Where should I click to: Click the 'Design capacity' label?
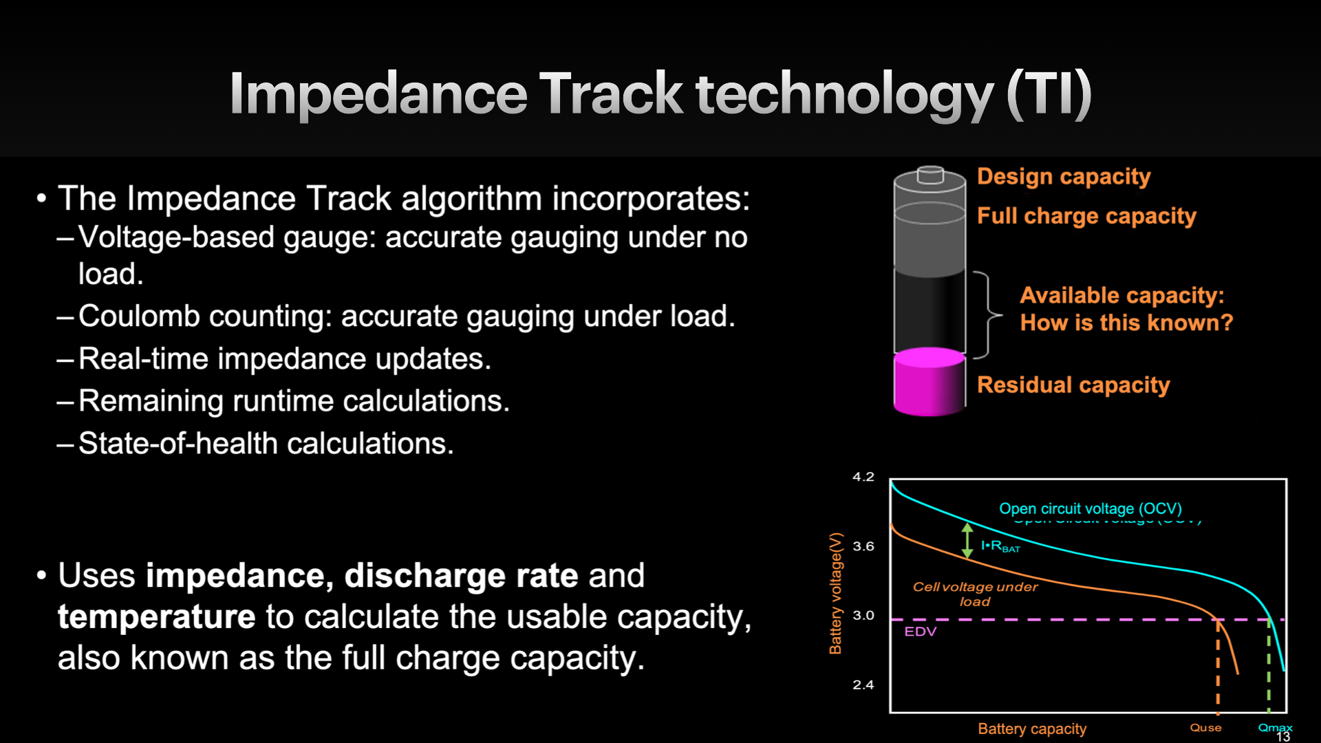(1064, 177)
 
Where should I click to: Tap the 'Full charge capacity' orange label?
(1086, 216)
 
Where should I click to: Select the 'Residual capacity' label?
(1073, 385)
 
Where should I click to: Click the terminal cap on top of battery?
(930, 175)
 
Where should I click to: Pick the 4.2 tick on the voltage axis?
(863, 477)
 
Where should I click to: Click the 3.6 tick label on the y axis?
(863, 546)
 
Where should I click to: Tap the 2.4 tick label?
(863, 685)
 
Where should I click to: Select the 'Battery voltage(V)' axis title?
(835, 593)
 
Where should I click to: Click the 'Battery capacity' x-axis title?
(1032, 729)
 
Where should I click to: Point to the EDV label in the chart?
(921, 632)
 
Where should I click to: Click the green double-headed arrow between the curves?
(967, 540)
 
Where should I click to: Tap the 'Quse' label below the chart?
(1206, 727)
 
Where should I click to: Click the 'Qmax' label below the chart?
(1275, 727)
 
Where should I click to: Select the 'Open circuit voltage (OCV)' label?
(1091, 508)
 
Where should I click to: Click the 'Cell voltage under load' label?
(975, 594)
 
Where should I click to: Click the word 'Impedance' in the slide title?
(378, 94)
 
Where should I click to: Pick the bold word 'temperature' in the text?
(157, 616)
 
